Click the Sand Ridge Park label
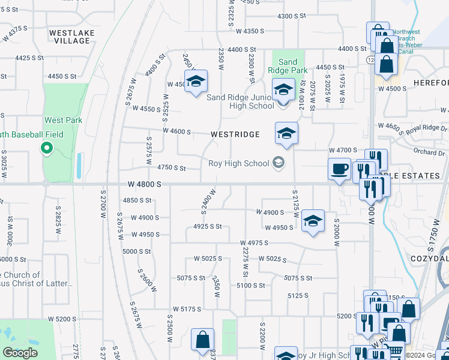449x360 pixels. coord(288,66)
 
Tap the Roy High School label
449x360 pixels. coord(239,163)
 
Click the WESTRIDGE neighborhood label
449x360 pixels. coord(235,134)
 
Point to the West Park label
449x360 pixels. coord(63,120)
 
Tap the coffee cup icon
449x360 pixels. coord(340,169)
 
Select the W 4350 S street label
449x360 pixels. coord(250,31)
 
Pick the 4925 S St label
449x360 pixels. coord(208,226)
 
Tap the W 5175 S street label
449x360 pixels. coord(186,309)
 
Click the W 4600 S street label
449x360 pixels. coord(176,131)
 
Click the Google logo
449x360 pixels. coord(20,353)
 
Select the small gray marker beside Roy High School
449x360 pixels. coord(278,163)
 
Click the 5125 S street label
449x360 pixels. coord(298,295)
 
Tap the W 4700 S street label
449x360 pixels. coord(343,150)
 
